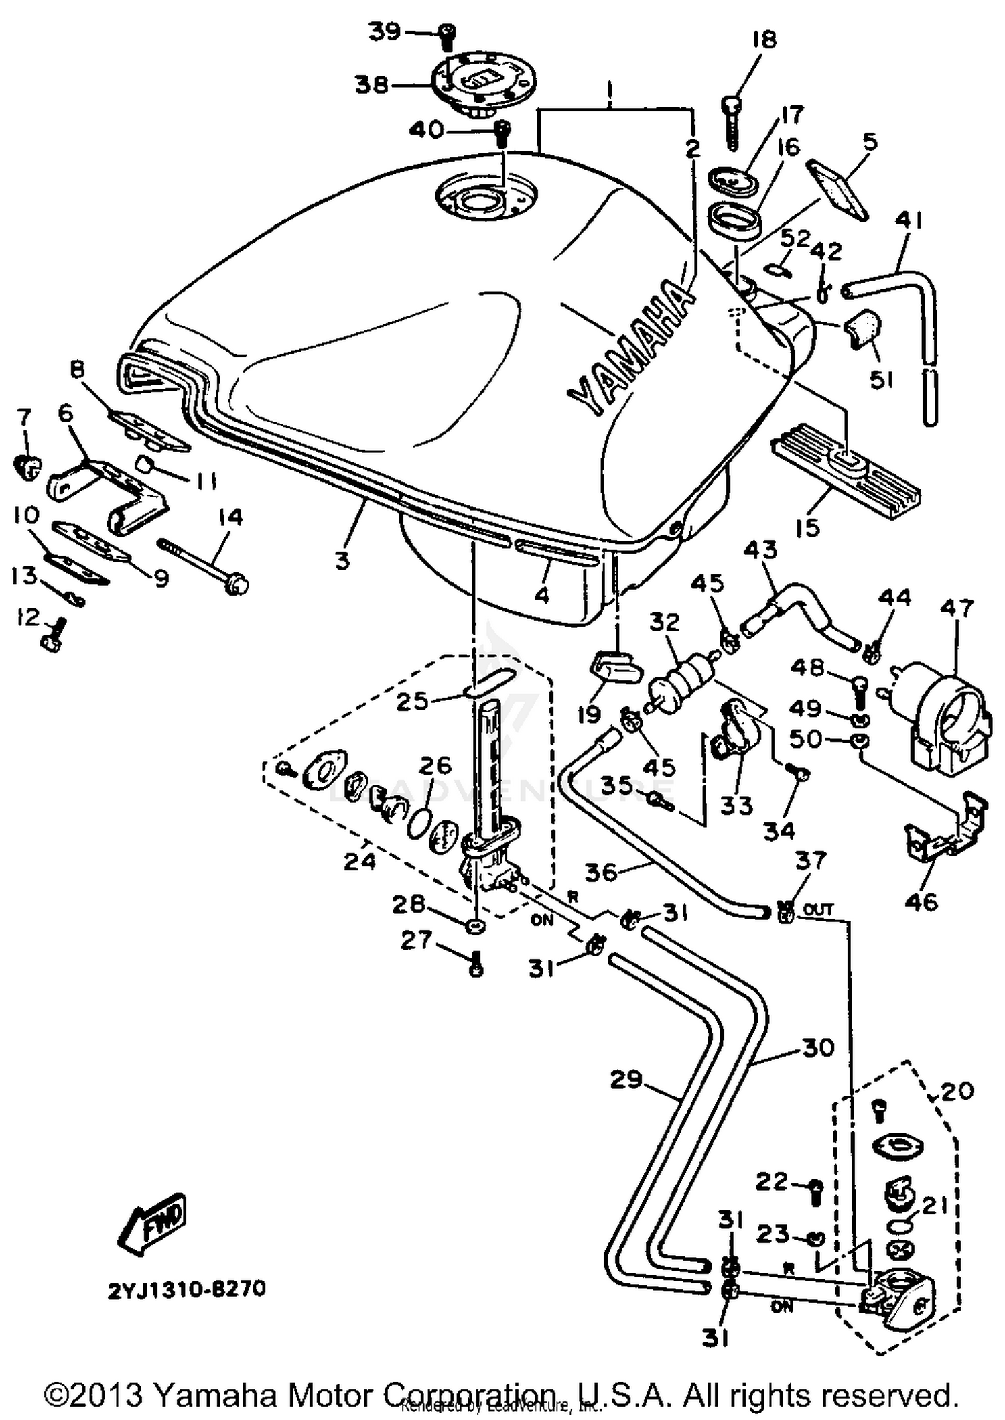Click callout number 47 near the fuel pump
[956, 608]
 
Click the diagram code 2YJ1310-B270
[187, 1289]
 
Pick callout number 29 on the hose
[626, 1080]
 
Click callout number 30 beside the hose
[818, 1047]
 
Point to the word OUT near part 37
[818, 910]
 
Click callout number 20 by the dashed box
[956, 1091]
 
